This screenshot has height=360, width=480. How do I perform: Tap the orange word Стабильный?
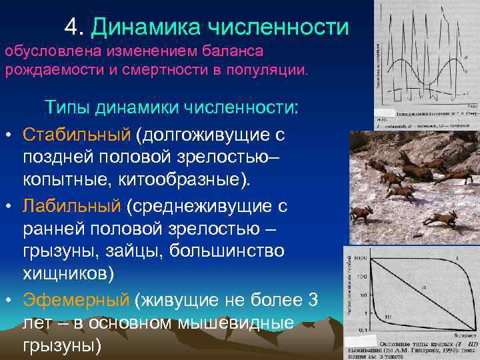(x=76, y=135)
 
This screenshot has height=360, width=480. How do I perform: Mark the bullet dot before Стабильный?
(x=9, y=136)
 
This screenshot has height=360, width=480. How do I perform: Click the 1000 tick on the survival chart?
(x=361, y=257)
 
